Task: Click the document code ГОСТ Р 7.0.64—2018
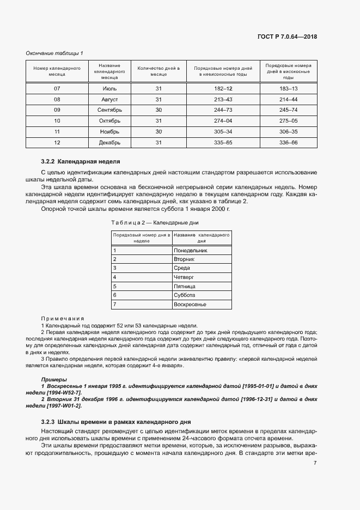(x=287, y=37)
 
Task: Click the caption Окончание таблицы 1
(x=54, y=53)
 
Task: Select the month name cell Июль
(x=109, y=88)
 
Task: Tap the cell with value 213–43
(x=223, y=100)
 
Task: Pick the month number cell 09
(x=57, y=110)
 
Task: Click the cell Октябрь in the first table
(x=109, y=121)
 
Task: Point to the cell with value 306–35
(x=288, y=132)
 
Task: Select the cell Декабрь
(x=109, y=143)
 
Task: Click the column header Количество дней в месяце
(x=158, y=71)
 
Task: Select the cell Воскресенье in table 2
(x=190, y=304)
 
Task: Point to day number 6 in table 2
(x=115, y=295)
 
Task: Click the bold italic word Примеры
(x=54, y=379)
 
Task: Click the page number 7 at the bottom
(x=315, y=463)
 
